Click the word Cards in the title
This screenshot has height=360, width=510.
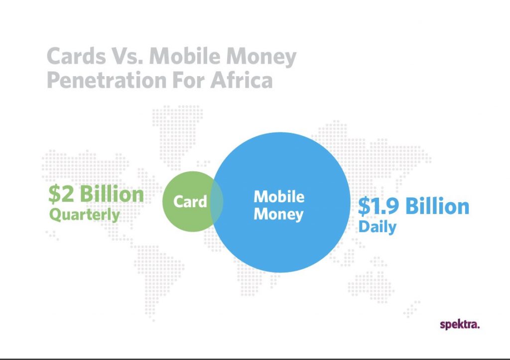point(76,56)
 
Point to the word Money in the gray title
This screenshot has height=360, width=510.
point(261,58)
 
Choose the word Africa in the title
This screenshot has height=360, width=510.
point(242,80)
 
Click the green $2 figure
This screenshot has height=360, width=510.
point(61,194)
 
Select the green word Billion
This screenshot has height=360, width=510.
point(112,194)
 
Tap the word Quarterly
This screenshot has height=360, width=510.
point(85,215)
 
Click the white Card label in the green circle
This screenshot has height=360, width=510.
point(190,201)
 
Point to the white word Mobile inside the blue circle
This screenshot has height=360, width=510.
point(279,197)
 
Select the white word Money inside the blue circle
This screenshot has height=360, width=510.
point(278,214)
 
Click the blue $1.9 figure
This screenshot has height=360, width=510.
point(379,207)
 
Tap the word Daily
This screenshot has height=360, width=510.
point(378,227)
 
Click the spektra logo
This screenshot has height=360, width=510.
point(460,325)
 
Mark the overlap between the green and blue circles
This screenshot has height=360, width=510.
point(217,201)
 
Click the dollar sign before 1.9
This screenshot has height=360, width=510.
point(364,207)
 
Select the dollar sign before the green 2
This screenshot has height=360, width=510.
point(54,195)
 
